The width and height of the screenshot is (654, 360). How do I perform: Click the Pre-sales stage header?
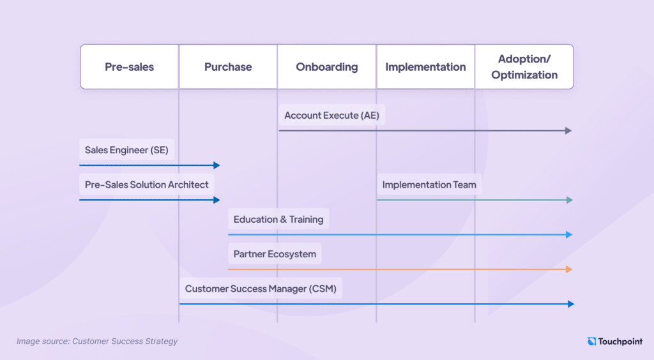(129, 66)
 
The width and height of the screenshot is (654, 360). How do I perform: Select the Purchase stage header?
(228, 66)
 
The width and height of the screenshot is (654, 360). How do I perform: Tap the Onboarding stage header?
(326, 66)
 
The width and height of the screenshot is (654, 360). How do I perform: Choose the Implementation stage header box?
(425, 66)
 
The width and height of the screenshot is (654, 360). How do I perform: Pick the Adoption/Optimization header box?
(524, 66)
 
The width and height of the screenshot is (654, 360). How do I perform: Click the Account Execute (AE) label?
(331, 115)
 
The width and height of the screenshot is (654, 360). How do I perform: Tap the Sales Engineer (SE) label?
(126, 149)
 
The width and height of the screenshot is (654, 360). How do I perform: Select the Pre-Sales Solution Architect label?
(146, 184)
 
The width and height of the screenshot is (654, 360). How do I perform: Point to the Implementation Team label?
(429, 184)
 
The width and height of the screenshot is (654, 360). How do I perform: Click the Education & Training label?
(278, 219)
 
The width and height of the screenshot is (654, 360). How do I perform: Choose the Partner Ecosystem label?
(275, 254)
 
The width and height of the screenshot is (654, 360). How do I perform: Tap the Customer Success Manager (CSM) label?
(261, 289)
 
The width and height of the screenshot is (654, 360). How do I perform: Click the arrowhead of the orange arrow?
(569, 269)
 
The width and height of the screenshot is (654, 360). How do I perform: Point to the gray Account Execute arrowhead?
(568, 131)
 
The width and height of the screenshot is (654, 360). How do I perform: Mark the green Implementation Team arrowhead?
(569, 200)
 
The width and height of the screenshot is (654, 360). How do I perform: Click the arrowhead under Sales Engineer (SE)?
(217, 165)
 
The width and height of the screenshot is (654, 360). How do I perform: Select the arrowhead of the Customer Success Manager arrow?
(571, 304)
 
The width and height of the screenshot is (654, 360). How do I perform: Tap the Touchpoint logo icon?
(591, 341)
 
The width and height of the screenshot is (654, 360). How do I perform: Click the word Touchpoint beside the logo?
(620, 341)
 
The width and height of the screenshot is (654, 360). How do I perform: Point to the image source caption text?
(97, 341)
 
